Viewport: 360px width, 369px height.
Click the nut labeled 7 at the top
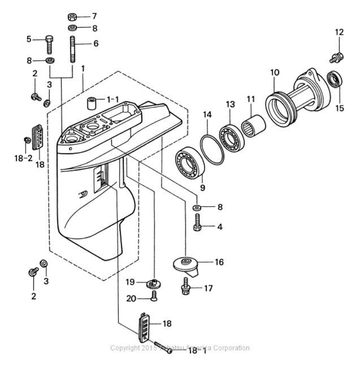pyautogui.click(x=72, y=17)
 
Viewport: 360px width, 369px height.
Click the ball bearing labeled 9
pyautogui.click(x=189, y=162)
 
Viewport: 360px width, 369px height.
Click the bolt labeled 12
pyautogui.click(x=337, y=57)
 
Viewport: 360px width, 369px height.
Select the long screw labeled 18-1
pyautogui.click(x=162, y=347)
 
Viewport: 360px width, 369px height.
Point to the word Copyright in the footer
pyautogui.click(x=123, y=348)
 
